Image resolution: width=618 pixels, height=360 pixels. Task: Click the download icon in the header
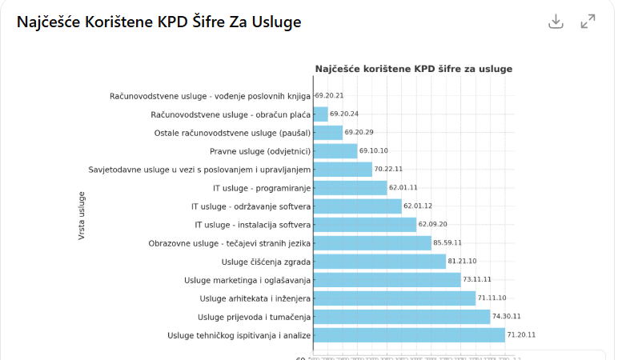click(x=556, y=22)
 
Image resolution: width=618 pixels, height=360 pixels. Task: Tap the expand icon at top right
click(x=588, y=22)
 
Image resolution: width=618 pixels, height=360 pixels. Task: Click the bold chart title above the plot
click(x=413, y=69)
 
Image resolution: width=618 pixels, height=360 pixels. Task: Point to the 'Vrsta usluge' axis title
click(x=82, y=215)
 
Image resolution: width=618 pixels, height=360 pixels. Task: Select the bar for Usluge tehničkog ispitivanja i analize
click(x=409, y=335)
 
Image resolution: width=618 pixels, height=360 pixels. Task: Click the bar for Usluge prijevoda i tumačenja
click(x=401, y=317)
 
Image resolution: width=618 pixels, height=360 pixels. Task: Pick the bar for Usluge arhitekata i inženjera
click(x=394, y=298)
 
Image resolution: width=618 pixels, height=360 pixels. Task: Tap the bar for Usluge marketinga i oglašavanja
click(x=387, y=280)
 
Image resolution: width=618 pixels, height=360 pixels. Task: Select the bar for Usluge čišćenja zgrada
click(x=379, y=262)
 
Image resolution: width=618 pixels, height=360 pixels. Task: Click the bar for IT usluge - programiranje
click(x=350, y=188)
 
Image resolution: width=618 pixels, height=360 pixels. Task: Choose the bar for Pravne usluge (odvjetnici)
click(x=335, y=151)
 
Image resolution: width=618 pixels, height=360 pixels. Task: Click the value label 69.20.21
click(x=330, y=96)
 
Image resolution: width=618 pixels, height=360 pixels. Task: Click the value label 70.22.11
click(x=389, y=170)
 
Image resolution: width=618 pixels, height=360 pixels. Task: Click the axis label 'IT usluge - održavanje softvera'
click(x=251, y=206)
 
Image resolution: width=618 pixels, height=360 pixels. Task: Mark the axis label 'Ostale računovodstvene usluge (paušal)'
click(x=232, y=133)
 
